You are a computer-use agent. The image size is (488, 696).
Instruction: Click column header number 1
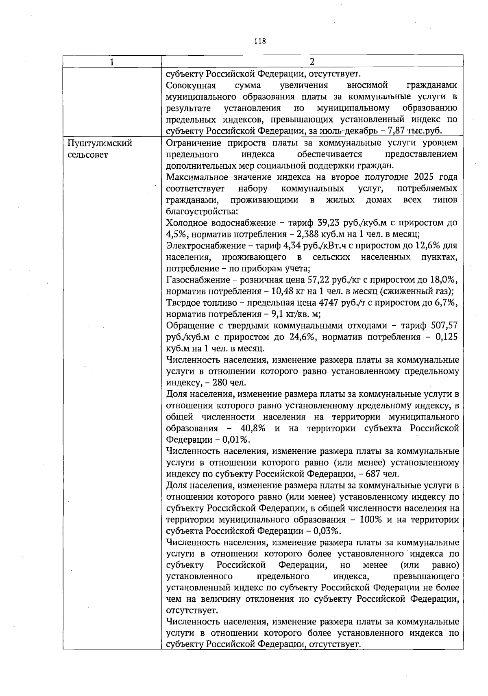tap(112, 62)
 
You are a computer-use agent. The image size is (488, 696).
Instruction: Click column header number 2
tap(312, 62)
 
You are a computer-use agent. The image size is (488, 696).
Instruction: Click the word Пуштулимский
tap(100, 143)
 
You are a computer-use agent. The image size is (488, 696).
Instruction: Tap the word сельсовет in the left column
tap(88, 155)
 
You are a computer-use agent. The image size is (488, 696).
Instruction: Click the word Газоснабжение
tap(198, 280)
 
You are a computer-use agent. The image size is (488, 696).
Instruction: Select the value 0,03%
tap(327, 531)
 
